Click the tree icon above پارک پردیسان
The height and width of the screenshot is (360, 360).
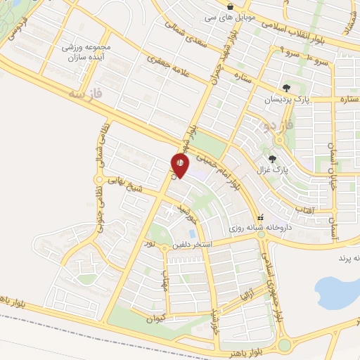click(286, 88)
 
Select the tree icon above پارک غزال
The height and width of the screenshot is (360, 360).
click(272, 159)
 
